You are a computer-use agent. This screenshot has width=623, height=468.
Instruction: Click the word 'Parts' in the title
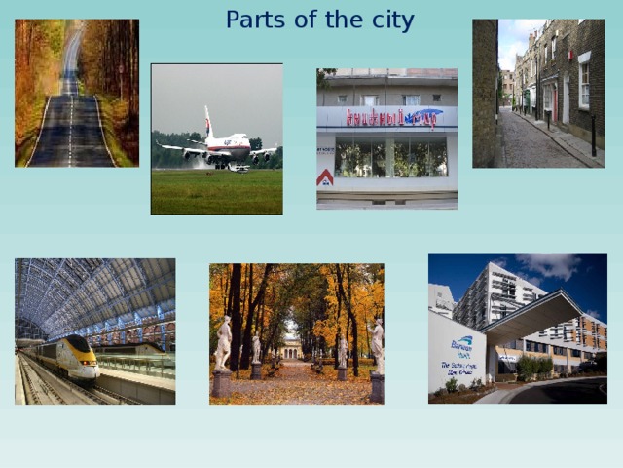tap(251, 19)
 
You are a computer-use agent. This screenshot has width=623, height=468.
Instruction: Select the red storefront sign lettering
tap(386, 118)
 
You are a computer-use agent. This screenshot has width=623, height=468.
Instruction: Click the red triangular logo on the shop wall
tap(325, 177)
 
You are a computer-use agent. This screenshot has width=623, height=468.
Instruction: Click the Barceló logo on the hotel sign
tap(460, 342)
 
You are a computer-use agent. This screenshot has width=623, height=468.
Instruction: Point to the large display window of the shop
tap(389, 158)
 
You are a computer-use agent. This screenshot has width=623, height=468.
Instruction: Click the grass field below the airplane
tap(216, 192)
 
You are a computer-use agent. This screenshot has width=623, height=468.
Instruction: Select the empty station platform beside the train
tap(136, 380)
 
